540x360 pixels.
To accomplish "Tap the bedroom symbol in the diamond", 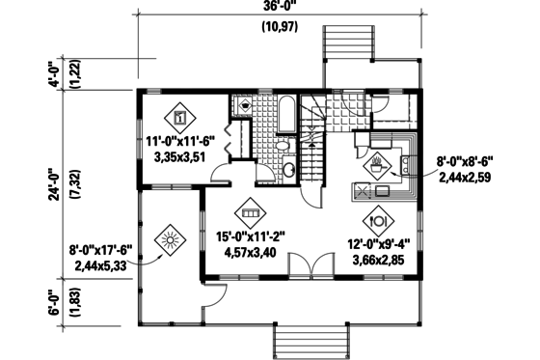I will (x=179, y=118).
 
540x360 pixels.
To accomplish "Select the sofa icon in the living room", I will (x=251, y=211).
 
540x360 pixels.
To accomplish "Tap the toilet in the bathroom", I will (x=281, y=147).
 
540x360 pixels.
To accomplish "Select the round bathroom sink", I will (x=288, y=170).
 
